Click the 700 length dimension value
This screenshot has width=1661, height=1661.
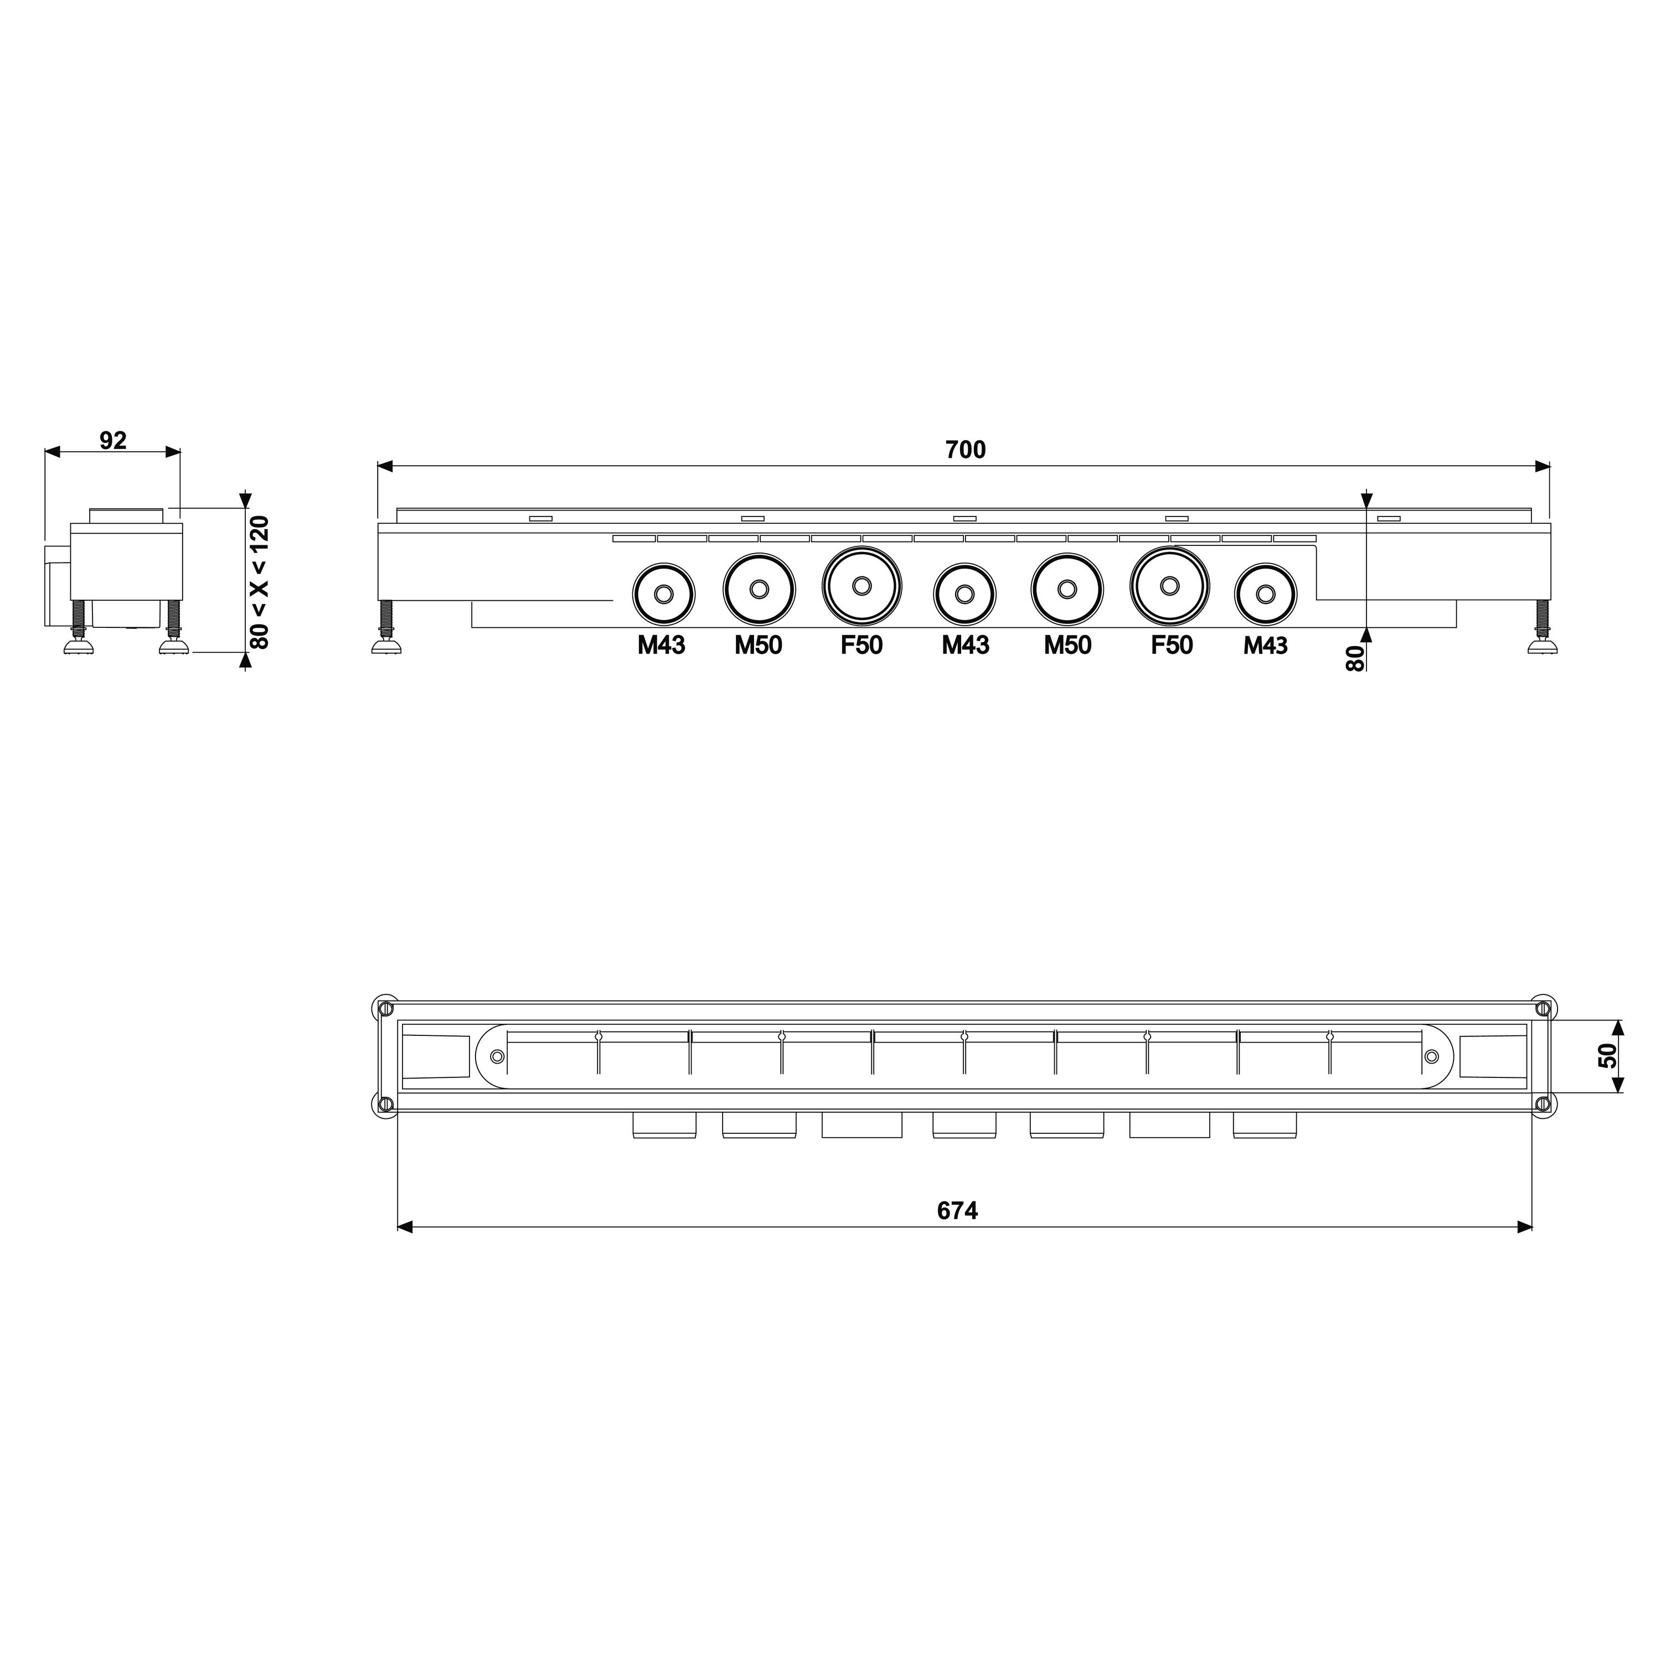(x=966, y=450)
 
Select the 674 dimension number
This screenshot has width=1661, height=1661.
(x=958, y=1211)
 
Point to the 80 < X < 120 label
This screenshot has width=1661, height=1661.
(x=259, y=582)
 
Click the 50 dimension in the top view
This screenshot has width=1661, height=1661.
(x=1607, y=1056)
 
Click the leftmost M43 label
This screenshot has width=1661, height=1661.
(x=661, y=646)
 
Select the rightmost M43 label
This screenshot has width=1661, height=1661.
(x=1266, y=646)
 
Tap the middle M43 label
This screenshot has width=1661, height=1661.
(x=966, y=646)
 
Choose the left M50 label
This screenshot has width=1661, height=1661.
(x=759, y=646)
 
